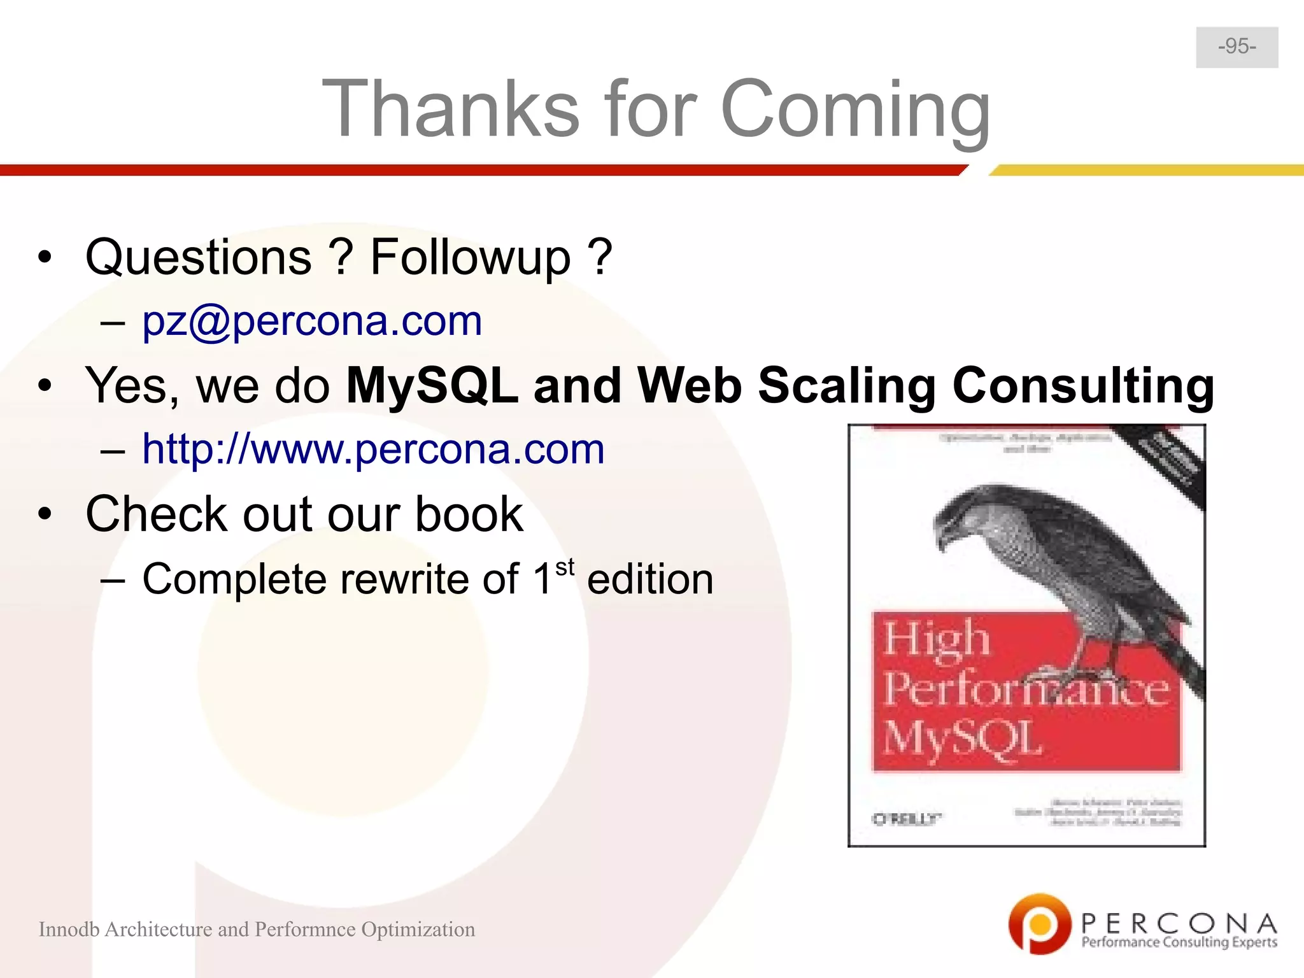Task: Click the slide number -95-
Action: pos(1237,46)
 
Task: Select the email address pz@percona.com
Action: pos(311,321)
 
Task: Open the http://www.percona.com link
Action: pos(373,449)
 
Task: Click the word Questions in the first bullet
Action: pos(199,258)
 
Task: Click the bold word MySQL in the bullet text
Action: pos(432,386)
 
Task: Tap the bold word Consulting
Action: pos(1083,386)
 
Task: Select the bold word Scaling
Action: pos(847,386)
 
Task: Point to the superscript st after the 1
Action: pos(565,566)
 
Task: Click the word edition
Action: pos(649,579)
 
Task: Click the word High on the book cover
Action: pos(935,639)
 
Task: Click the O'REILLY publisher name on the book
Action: pos(906,819)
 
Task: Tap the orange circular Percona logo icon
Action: pos(1038,923)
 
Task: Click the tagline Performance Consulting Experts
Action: pos(1179,942)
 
